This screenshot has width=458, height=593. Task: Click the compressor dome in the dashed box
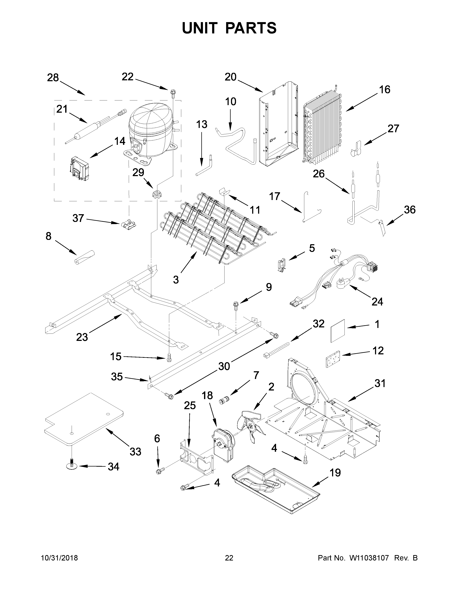click(x=149, y=128)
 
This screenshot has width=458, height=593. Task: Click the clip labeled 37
click(x=128, y=224)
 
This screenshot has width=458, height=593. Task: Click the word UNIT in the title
click(x=200, y=28)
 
